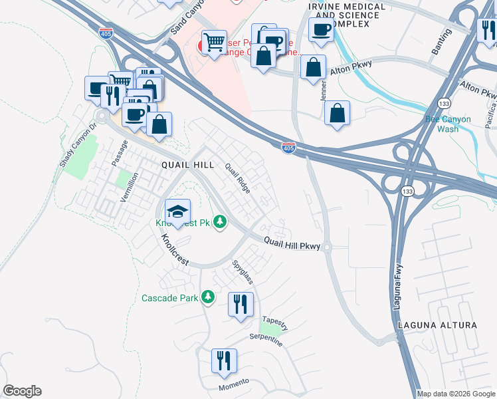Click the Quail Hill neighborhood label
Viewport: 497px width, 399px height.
186,164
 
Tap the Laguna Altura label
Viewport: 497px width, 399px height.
437,325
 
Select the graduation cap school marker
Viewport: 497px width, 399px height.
177,212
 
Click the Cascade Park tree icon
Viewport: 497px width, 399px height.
208,297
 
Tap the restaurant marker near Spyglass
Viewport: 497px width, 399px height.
240,305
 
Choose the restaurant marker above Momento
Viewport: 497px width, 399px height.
223,361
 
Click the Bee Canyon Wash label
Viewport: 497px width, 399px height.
447,124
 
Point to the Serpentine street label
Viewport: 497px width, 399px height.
265,340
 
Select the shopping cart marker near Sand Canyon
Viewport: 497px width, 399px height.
214,43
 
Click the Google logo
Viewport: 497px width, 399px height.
22,391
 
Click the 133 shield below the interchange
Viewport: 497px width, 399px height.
407,191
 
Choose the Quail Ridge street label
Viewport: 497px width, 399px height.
237,178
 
